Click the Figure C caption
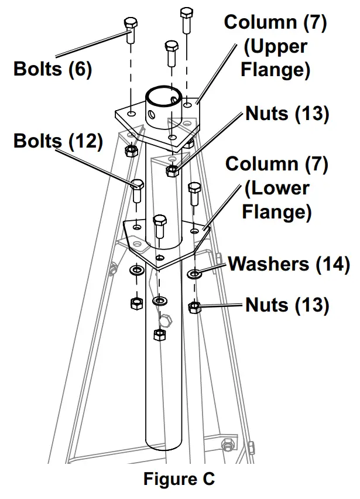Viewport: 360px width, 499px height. click(x=179, y=479)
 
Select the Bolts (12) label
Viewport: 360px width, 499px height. click(x=58, y=141)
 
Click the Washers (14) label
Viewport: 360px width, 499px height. click(x=289, y=264)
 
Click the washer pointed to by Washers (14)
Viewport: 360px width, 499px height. click(x=194, y=273)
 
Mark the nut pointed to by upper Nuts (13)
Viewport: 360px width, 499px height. click(x=172, y=171)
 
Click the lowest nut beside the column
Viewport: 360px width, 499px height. click(x=158, y=334)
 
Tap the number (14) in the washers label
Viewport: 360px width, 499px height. click(x=334, y=264)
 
